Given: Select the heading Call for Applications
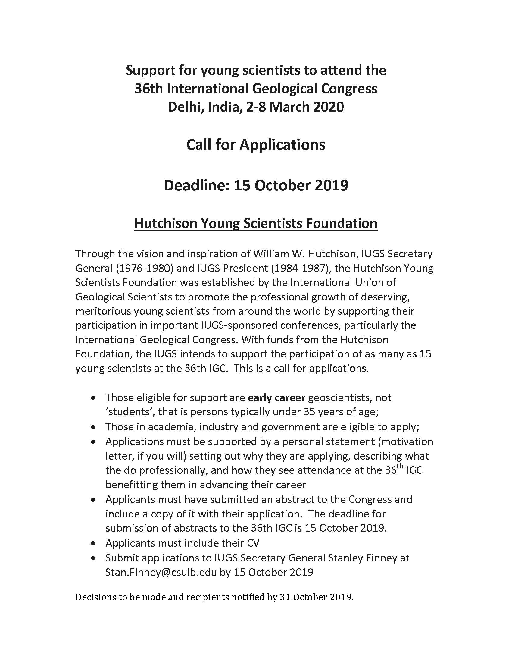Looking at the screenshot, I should pyautogui.click(x=256, y=145).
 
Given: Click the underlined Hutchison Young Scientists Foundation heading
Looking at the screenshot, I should pyautogui.click(x=256, y=223).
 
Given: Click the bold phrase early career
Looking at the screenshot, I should pyautogui.click(x=276, y=397).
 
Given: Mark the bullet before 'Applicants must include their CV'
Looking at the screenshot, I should pyautogui.click(x=94, y=543).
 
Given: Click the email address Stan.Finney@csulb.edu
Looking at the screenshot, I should pyautogui.click(x=161, y=572).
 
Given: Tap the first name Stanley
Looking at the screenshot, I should pyautogui.click(x=308, y=558).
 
